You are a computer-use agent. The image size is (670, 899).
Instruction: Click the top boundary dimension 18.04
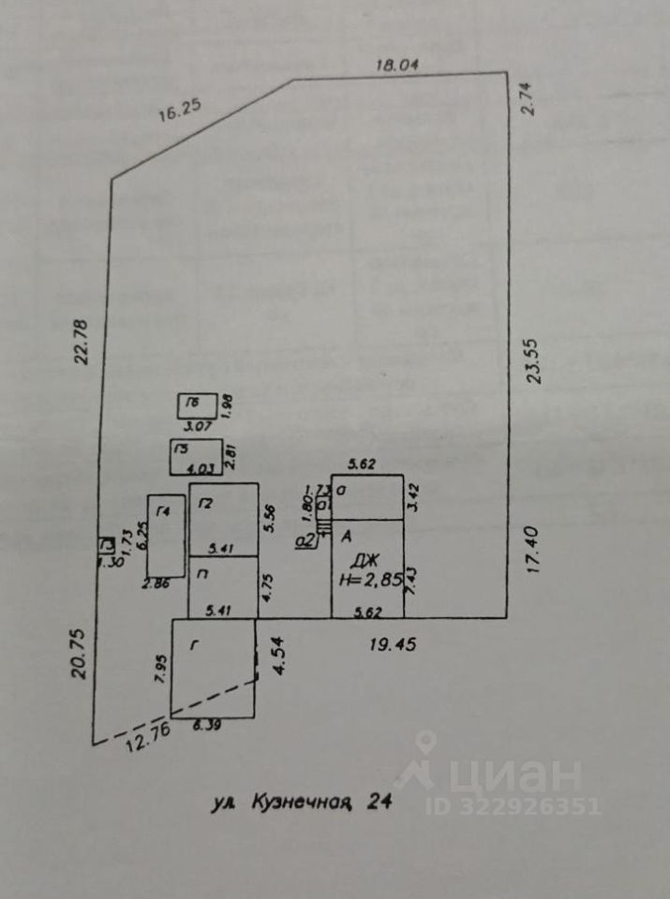[x=395, y=65]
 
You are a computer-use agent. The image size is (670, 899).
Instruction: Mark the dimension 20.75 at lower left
[x=79, y=653]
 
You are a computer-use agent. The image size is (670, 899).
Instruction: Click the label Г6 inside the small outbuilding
[x=191, y=404]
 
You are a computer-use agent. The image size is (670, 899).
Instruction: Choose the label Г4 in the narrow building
[x=165, y=510]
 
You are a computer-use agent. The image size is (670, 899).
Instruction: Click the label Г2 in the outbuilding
[x=205, y=503]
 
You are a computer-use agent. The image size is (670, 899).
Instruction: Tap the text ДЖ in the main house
[x=364, y=562]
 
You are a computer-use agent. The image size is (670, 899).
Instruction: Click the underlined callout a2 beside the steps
[x=304, y=539]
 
